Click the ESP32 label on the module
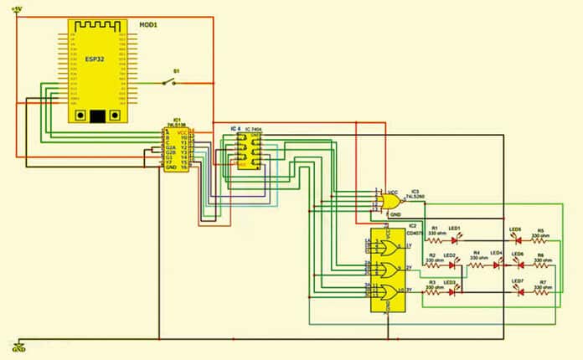coord(100,59)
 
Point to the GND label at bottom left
coord(18,349)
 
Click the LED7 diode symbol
coord(516,291)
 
